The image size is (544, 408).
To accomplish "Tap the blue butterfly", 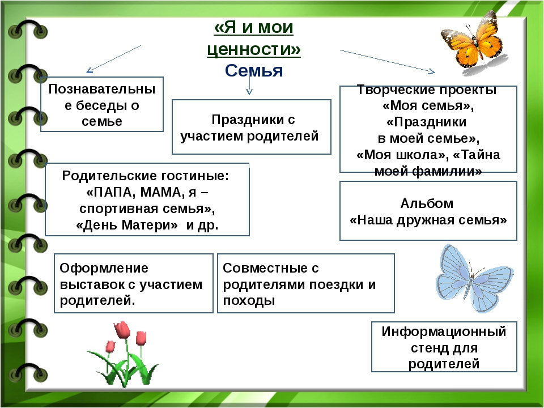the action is (474, 278).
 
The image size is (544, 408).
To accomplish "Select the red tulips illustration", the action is (122, 354).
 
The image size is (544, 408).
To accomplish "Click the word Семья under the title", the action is (254, 70).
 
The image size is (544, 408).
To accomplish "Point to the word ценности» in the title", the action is (254, 49).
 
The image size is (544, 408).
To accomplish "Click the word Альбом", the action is (427, 203).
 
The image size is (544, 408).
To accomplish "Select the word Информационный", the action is (444, 331).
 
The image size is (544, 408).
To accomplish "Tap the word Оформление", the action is (104, 268).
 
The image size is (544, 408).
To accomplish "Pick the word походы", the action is (249, 300).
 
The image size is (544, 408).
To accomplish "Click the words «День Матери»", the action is (126, 225).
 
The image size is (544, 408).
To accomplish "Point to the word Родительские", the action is (106, 176).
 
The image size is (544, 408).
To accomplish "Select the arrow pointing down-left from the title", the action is (114, 59).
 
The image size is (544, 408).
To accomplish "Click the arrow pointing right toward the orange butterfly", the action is (388, 62).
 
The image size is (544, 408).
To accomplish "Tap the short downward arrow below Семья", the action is (249, 84).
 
